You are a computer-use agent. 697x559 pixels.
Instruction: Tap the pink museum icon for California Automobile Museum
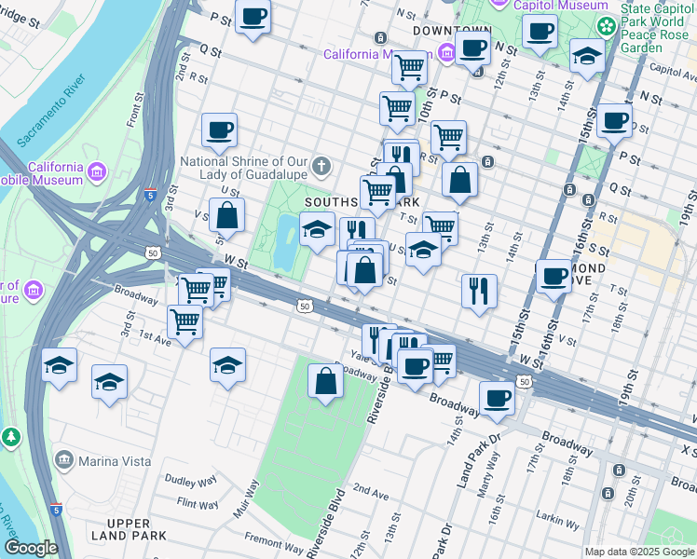click(97, 172)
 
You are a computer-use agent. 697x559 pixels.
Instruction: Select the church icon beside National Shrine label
click(321, 168)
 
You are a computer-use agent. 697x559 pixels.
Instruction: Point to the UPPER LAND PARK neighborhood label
click(136, 527)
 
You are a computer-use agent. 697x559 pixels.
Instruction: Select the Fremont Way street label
click(274, 541)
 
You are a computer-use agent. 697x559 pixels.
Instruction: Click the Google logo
click(31, 548)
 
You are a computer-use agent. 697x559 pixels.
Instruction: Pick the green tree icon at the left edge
click(10, 436)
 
